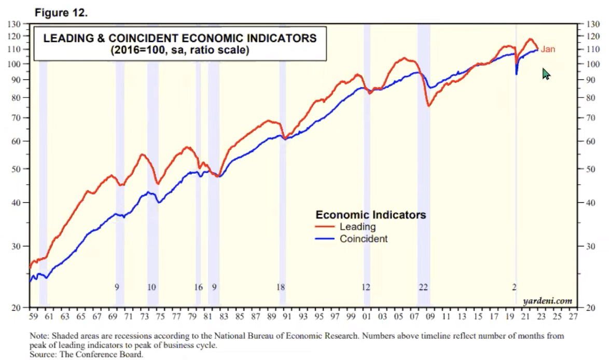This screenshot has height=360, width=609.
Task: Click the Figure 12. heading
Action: point(61,13)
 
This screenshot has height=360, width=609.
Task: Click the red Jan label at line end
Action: point(548,50)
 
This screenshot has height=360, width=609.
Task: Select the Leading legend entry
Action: point(357,227)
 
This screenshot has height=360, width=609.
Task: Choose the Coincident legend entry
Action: point(363,239)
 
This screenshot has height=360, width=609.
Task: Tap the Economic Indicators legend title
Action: point(370,215)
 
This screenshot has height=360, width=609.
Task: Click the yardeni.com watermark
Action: point(548,300)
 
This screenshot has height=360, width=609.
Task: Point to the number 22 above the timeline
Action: point(423,287)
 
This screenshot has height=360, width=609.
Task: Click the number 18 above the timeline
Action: point(281,287)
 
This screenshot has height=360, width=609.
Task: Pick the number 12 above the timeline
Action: point(366,287)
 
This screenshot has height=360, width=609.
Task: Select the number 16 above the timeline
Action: point(198,287)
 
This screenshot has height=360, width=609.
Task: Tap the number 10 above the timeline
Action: point(152,287)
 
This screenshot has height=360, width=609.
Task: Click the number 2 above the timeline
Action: point(514,287)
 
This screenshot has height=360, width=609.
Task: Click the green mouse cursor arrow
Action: point(546,74)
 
